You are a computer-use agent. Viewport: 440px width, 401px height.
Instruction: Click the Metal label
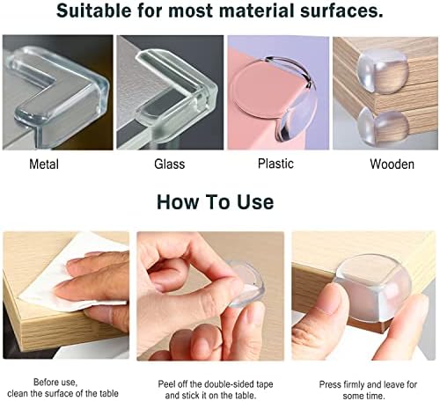point(44,164)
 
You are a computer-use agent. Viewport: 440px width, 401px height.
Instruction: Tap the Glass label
point(170,164)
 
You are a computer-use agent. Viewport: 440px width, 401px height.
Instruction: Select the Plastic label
point(275,164)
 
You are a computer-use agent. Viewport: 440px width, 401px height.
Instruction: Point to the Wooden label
point(392,164)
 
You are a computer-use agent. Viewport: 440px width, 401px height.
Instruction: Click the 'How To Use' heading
point(216,202)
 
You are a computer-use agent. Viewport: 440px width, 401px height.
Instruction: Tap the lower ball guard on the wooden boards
point(383,126)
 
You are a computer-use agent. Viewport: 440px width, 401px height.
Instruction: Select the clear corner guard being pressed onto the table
point(372,288)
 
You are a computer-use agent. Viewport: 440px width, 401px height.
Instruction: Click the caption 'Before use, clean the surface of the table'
point(62,388)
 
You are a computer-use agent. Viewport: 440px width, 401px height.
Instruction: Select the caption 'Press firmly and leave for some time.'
point(368,390)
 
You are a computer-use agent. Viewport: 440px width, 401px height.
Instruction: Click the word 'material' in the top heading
point(257,11)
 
